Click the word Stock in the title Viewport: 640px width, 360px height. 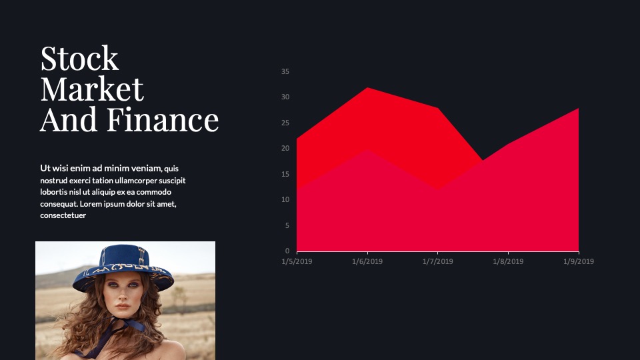[x=79, y=59]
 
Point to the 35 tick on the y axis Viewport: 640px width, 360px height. [x=285, y=71]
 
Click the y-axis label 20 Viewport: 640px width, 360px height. [x=285, y=148]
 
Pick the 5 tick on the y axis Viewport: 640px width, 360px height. [x=287, y=225]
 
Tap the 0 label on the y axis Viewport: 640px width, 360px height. [x=287, y=251]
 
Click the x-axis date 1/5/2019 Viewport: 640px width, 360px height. [x=297, y=261]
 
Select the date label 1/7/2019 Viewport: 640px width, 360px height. [x=437, y=261]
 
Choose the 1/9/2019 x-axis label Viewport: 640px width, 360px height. [x=579, y=261]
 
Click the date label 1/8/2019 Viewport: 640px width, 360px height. [x=508, y=261]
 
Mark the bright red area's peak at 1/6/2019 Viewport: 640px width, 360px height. [x=367, y=87]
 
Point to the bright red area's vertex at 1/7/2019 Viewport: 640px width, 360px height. [x=437, y=108]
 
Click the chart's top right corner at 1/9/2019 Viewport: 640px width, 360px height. [x=579, y=108]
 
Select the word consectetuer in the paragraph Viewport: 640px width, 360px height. [x=63, y=215]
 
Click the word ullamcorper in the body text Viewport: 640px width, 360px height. [x=136, y=181]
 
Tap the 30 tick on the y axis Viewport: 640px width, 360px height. [x=285, y=97]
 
